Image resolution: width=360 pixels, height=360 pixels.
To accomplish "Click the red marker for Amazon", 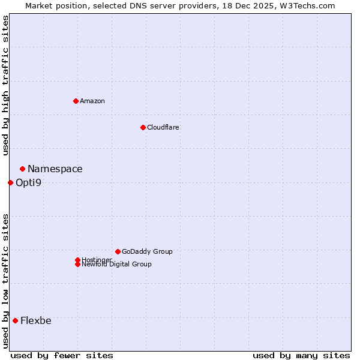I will [x=76, y=101].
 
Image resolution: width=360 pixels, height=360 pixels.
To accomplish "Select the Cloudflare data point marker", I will [x=143, y=127].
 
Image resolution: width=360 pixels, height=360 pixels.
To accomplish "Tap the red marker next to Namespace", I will [x=22, y=169].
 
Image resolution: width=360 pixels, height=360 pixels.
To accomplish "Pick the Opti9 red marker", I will [x=10, y=182].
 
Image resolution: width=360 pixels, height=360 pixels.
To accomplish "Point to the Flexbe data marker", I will [x=15, y=320].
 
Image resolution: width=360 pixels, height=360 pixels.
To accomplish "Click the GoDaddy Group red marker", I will [x=118, y=251].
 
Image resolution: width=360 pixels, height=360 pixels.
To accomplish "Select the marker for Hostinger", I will [x=77, y=260].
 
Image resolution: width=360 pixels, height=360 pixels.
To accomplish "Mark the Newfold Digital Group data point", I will [x=77, y=264].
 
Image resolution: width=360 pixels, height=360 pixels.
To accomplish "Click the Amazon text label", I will [x=92, y=101].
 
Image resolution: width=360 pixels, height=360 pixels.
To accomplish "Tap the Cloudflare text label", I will [x=163, y=127].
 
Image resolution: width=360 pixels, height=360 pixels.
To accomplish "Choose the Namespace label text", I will [x=55, y=169].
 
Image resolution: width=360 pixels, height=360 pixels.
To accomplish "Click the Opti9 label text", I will [x=29, y=182].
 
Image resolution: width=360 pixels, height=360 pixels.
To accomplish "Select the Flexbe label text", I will [x=36, y=320].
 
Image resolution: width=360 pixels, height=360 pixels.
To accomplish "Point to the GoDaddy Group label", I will [x=147, y=251].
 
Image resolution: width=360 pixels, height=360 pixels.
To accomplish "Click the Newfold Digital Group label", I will [x=117, y=265].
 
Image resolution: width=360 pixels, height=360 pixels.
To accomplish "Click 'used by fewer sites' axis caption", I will [x=62, y=355].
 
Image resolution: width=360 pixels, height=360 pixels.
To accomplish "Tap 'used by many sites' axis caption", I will [x=301, y=355].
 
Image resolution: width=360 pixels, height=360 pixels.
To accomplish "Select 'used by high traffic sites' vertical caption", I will [x=5, y=85].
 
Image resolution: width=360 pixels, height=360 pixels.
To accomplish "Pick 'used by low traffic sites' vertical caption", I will [x=5, y=281].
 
